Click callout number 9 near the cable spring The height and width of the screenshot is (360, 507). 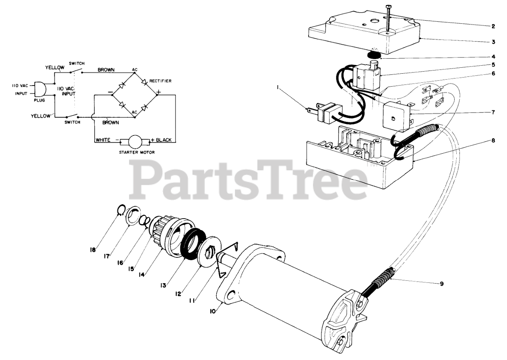coord(442,284)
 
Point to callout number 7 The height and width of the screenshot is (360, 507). coord(493,112)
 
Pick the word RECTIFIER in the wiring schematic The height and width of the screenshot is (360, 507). coord(160,81)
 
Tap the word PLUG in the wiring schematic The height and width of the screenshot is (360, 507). coord(38,101)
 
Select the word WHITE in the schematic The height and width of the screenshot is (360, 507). coord(102,141)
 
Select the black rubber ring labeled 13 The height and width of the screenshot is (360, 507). coord(193,246)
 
